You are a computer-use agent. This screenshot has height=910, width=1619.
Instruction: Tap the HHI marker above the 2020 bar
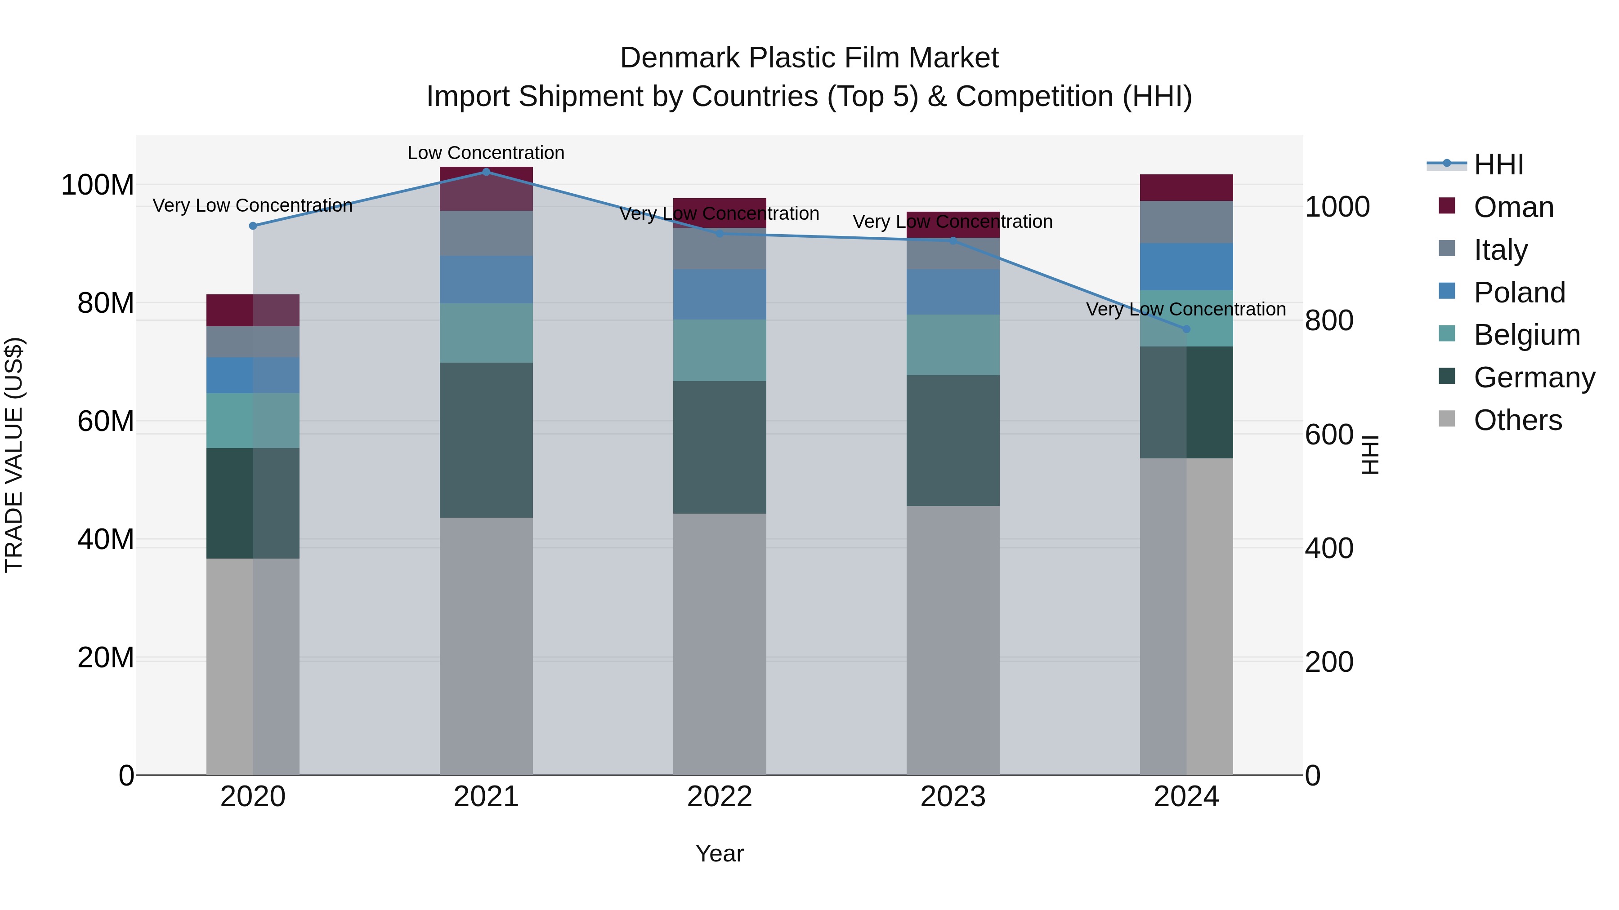tap(253, 226)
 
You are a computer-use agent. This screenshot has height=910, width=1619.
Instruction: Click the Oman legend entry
tap(1513, 207)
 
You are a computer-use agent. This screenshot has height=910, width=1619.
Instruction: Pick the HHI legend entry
tap(1498, 164)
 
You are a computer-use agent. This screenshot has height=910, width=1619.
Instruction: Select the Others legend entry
tap(1517, 420)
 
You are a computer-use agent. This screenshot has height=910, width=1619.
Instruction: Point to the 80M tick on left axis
tap(106, 303)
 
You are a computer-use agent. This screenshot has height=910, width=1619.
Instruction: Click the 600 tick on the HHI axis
tap(1328, 435)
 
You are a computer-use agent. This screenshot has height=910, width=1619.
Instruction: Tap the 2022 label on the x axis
tap(719, 797)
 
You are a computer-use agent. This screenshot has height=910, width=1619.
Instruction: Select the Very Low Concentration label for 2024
tap(1185, 309)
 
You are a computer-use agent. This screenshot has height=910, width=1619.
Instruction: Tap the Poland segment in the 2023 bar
tap(953, 292)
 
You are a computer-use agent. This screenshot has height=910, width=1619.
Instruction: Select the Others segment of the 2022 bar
tap(719, 644)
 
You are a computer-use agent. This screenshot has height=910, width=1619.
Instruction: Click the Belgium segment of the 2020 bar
tap(253, 420)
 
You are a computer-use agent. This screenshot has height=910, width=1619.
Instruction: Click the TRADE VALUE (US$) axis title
tap(14, 455)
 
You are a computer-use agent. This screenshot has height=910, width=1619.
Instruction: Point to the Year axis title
tap(719, 853)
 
